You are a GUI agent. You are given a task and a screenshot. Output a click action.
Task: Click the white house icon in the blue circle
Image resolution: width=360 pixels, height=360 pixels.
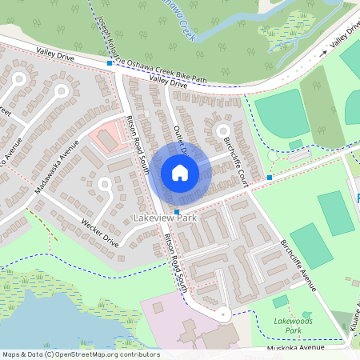point(180,172)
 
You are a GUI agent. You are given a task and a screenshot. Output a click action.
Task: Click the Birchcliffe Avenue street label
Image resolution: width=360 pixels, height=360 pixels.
point(299,265)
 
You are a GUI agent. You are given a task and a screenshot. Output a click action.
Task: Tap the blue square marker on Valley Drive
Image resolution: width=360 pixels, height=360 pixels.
point(110,63)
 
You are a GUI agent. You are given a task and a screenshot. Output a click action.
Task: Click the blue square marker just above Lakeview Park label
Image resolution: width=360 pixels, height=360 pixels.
point(176,211)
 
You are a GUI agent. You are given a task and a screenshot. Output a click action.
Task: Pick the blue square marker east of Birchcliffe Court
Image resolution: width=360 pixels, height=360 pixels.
point(270,177)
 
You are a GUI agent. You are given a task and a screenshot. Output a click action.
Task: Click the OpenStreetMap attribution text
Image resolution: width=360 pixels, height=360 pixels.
point(80,354)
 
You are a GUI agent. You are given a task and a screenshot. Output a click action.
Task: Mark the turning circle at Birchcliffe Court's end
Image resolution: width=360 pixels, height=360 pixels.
point(222,130)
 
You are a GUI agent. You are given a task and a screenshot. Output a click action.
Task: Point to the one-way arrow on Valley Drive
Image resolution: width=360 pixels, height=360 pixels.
point(323,52)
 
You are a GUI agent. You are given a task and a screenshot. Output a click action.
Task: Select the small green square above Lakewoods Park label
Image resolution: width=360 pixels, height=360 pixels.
point(280,302)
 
